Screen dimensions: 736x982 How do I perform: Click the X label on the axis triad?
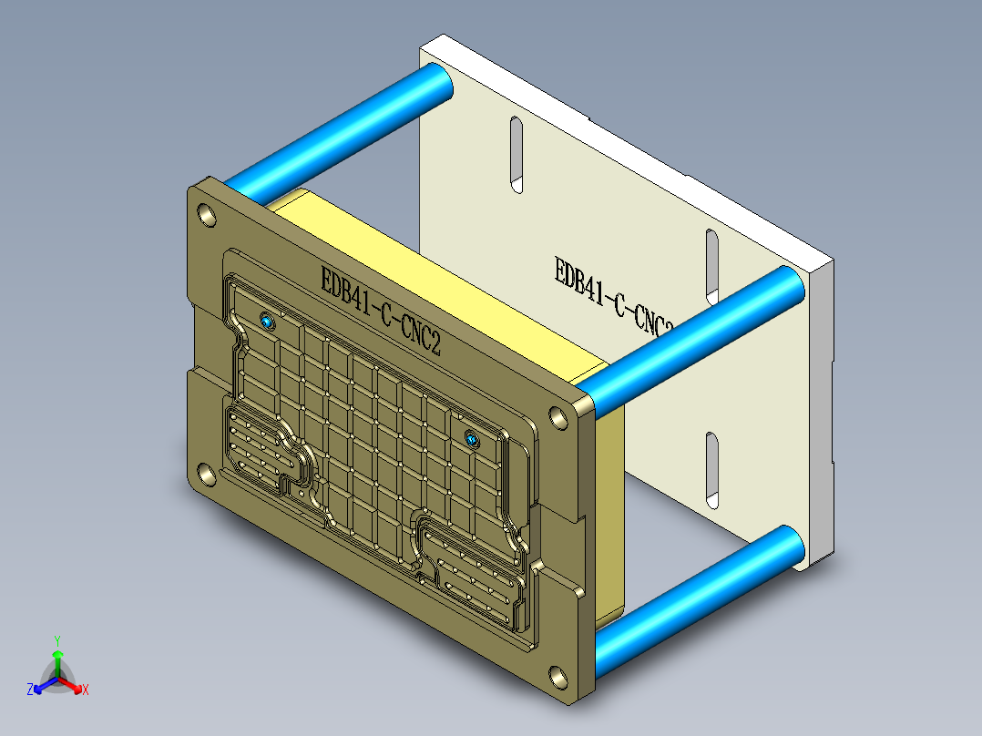pyautogui.click(x=86, y=690)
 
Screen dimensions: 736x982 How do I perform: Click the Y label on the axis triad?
pyautogui.click(x=56, y=640)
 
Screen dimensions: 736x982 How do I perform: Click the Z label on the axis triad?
pyautogui.click(x=30, y=690)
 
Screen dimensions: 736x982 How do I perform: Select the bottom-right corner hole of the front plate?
pyautogui.click(x=557, y=677)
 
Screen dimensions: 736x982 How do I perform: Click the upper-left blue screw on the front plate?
pyautogui.click(x=266, y=322)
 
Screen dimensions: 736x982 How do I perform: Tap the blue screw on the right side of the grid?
pyautogui.click(x=473, y=441)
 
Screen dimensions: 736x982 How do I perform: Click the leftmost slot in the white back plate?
pyautogui.click(x=516, y=155)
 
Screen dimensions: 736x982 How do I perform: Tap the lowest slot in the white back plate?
pyautogui.click(x=712, y=470)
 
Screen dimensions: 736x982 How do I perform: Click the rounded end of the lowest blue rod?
pyautogui.click(x=788, y=545)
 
